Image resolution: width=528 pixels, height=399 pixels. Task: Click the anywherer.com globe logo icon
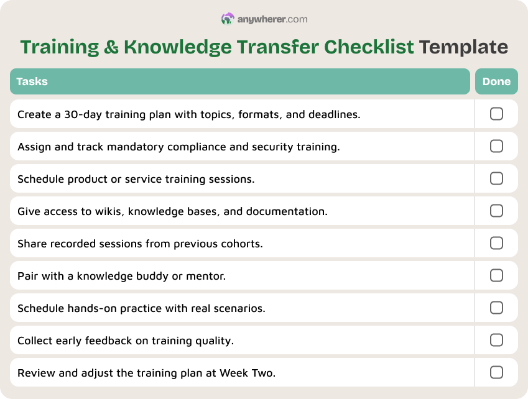(228, 19)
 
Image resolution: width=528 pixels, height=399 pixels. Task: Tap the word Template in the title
(463, 47)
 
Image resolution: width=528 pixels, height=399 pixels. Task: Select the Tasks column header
(32, 81)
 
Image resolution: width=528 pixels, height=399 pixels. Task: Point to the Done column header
(496, 81)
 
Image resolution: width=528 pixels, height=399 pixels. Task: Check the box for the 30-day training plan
(496, 114)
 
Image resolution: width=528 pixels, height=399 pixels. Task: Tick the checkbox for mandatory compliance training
(496, 146)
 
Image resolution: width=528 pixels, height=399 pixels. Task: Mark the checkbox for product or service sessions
(496, 178)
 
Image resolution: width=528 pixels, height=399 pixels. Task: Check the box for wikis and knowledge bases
(496, 211)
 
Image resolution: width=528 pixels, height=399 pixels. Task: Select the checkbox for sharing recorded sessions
(496, 243)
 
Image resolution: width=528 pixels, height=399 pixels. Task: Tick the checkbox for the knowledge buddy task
(496, 275)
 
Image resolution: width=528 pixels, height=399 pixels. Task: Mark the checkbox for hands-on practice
(496, 308)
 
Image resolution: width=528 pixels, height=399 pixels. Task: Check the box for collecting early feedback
(496, 340)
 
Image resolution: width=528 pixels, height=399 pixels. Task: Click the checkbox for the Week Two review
(496, 372)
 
